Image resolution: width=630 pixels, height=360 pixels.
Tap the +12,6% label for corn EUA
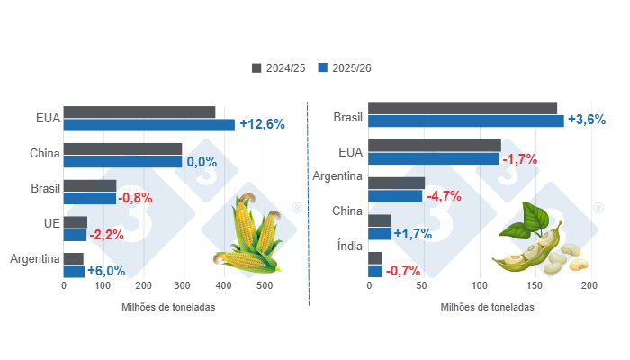(262, 124)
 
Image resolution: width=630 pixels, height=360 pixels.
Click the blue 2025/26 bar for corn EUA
(148, 125)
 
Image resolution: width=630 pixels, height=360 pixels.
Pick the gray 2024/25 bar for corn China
(122, 148)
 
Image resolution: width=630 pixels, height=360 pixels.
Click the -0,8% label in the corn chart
(136, 198)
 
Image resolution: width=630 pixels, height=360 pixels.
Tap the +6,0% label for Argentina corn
(106, 270)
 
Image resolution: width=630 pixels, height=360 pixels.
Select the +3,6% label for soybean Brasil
(586, 120)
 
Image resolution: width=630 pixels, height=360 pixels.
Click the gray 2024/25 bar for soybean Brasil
(463, 108)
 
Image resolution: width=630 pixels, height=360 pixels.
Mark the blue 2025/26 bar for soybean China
(380, 233)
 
